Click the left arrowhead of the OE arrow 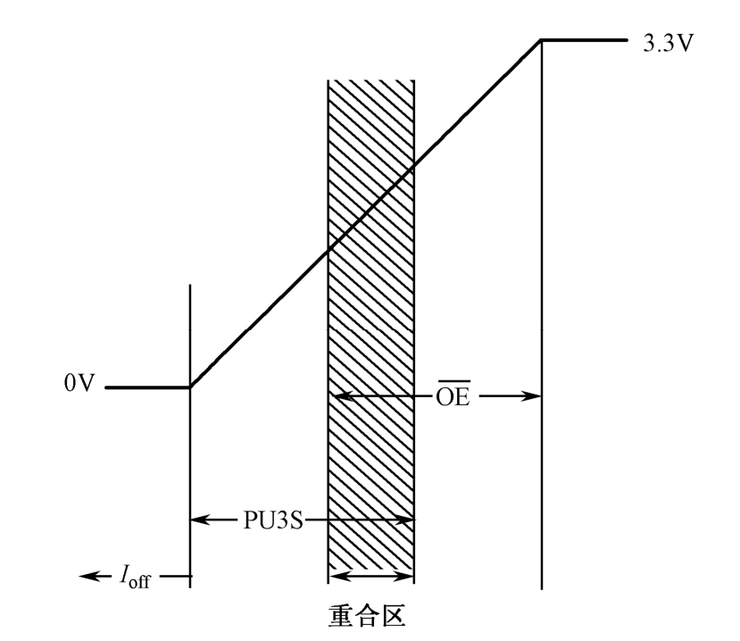[x=337, y=396]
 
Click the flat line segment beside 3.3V [x=585, y=39]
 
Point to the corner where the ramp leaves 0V [x=190, y=387]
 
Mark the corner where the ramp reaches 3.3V [x=541, y=39]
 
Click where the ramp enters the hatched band [x=329, y=251]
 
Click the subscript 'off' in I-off [x=144, y=580]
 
